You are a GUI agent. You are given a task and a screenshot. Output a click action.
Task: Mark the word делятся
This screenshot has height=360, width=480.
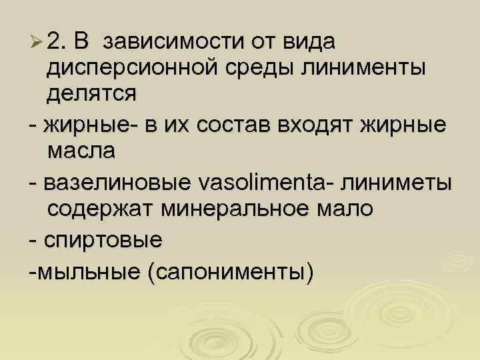point(91,93)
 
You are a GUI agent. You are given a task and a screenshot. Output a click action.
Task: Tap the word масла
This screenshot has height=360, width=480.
point(81,151)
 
